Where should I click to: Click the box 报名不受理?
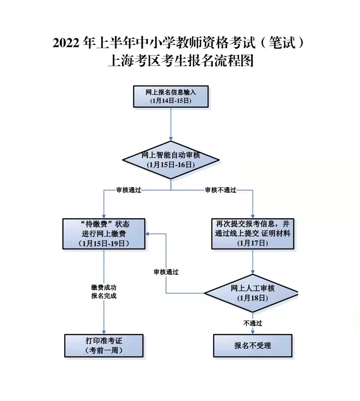click(x=252, y=346)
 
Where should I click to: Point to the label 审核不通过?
click(x=220, y=190)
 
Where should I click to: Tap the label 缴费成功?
click(x=104, y=287)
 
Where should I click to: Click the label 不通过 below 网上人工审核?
click(x=252, y=323)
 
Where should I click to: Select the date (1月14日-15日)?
click(x=171, y=101)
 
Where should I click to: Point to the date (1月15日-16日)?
click(x=171, y=165)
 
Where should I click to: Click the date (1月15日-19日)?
click(x=104, y=243)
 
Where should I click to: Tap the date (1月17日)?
click(x=252, y=243)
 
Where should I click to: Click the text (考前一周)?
click(x=104, y=350)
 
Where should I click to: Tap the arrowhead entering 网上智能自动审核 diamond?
click(x=171, y=138)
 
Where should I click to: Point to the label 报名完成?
click(x=104, y=296)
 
